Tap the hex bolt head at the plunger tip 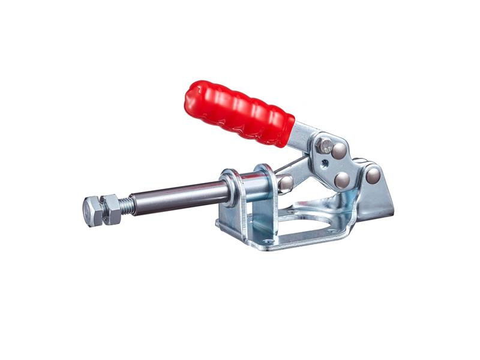click(92, 211)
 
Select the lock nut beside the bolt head click(111, 209)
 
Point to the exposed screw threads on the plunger click(126, 206)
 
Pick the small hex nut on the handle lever click(325, 145)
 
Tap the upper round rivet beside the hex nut click(340, 150)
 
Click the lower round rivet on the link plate click(342, 179)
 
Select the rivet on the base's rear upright click(373, 175)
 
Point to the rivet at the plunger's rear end click(286, 183)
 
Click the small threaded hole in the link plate click(324, 163)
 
